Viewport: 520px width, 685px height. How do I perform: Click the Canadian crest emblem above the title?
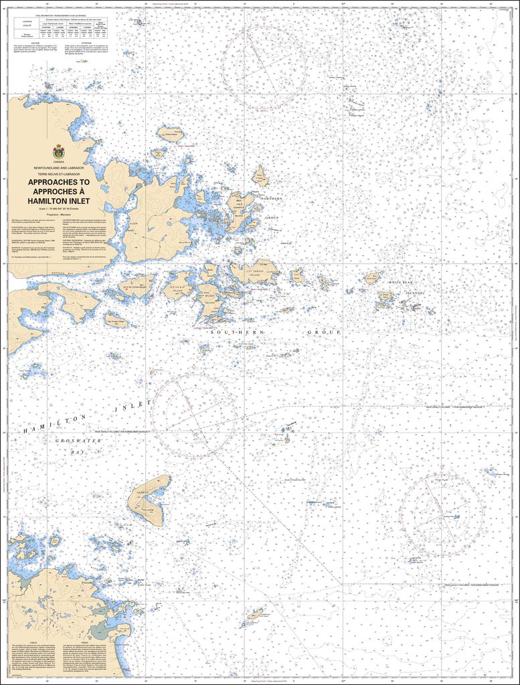(60, 152)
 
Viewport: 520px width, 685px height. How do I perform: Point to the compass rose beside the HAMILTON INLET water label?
(194, 415)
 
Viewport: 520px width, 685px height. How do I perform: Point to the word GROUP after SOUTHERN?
(324, 332)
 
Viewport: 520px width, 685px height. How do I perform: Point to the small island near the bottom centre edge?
(255, 614)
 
